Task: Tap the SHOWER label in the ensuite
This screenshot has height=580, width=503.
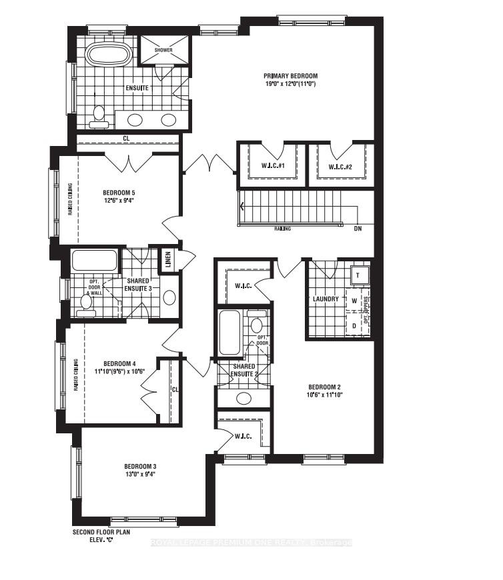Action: (163, 50)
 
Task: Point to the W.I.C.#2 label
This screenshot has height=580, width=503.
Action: (340, 166)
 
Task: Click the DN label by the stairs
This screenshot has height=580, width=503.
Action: (358, 228)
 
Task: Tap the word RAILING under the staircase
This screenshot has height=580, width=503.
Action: (282, 228)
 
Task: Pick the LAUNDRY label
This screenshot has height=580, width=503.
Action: (326, 299)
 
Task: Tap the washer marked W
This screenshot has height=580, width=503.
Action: (354, 301)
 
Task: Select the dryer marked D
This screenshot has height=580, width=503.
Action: (354, 325)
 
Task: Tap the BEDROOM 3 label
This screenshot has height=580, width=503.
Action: (140, 466)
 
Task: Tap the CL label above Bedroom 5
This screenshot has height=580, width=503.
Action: (126, 139)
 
